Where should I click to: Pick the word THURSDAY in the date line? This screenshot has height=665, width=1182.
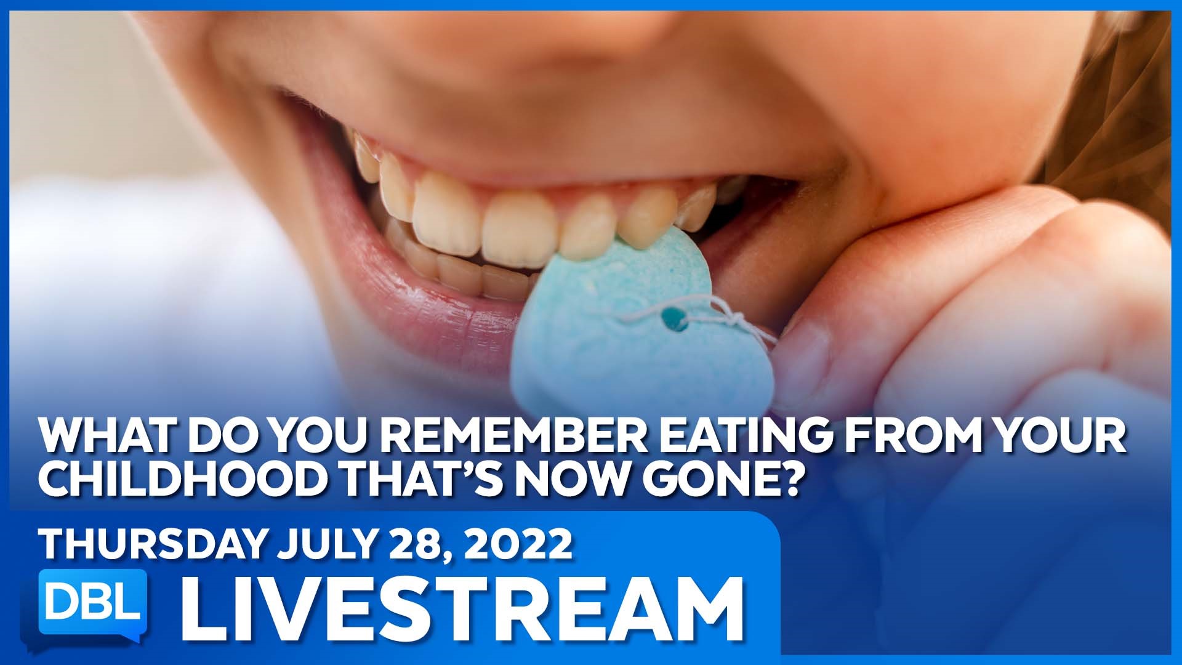pos(154,544)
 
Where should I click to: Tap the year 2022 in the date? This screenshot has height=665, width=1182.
pos(519,544)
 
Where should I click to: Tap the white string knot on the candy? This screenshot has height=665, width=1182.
pos(734,321)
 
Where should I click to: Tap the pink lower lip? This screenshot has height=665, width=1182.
pos(431,308)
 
